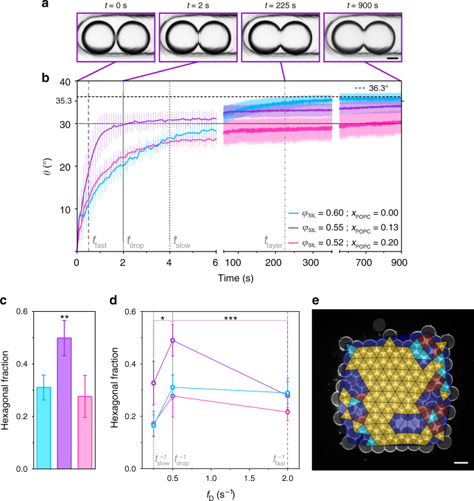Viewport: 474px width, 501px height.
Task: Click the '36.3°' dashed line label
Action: [x=378, y=88]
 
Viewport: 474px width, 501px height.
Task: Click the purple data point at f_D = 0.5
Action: [x=173, y=340]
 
